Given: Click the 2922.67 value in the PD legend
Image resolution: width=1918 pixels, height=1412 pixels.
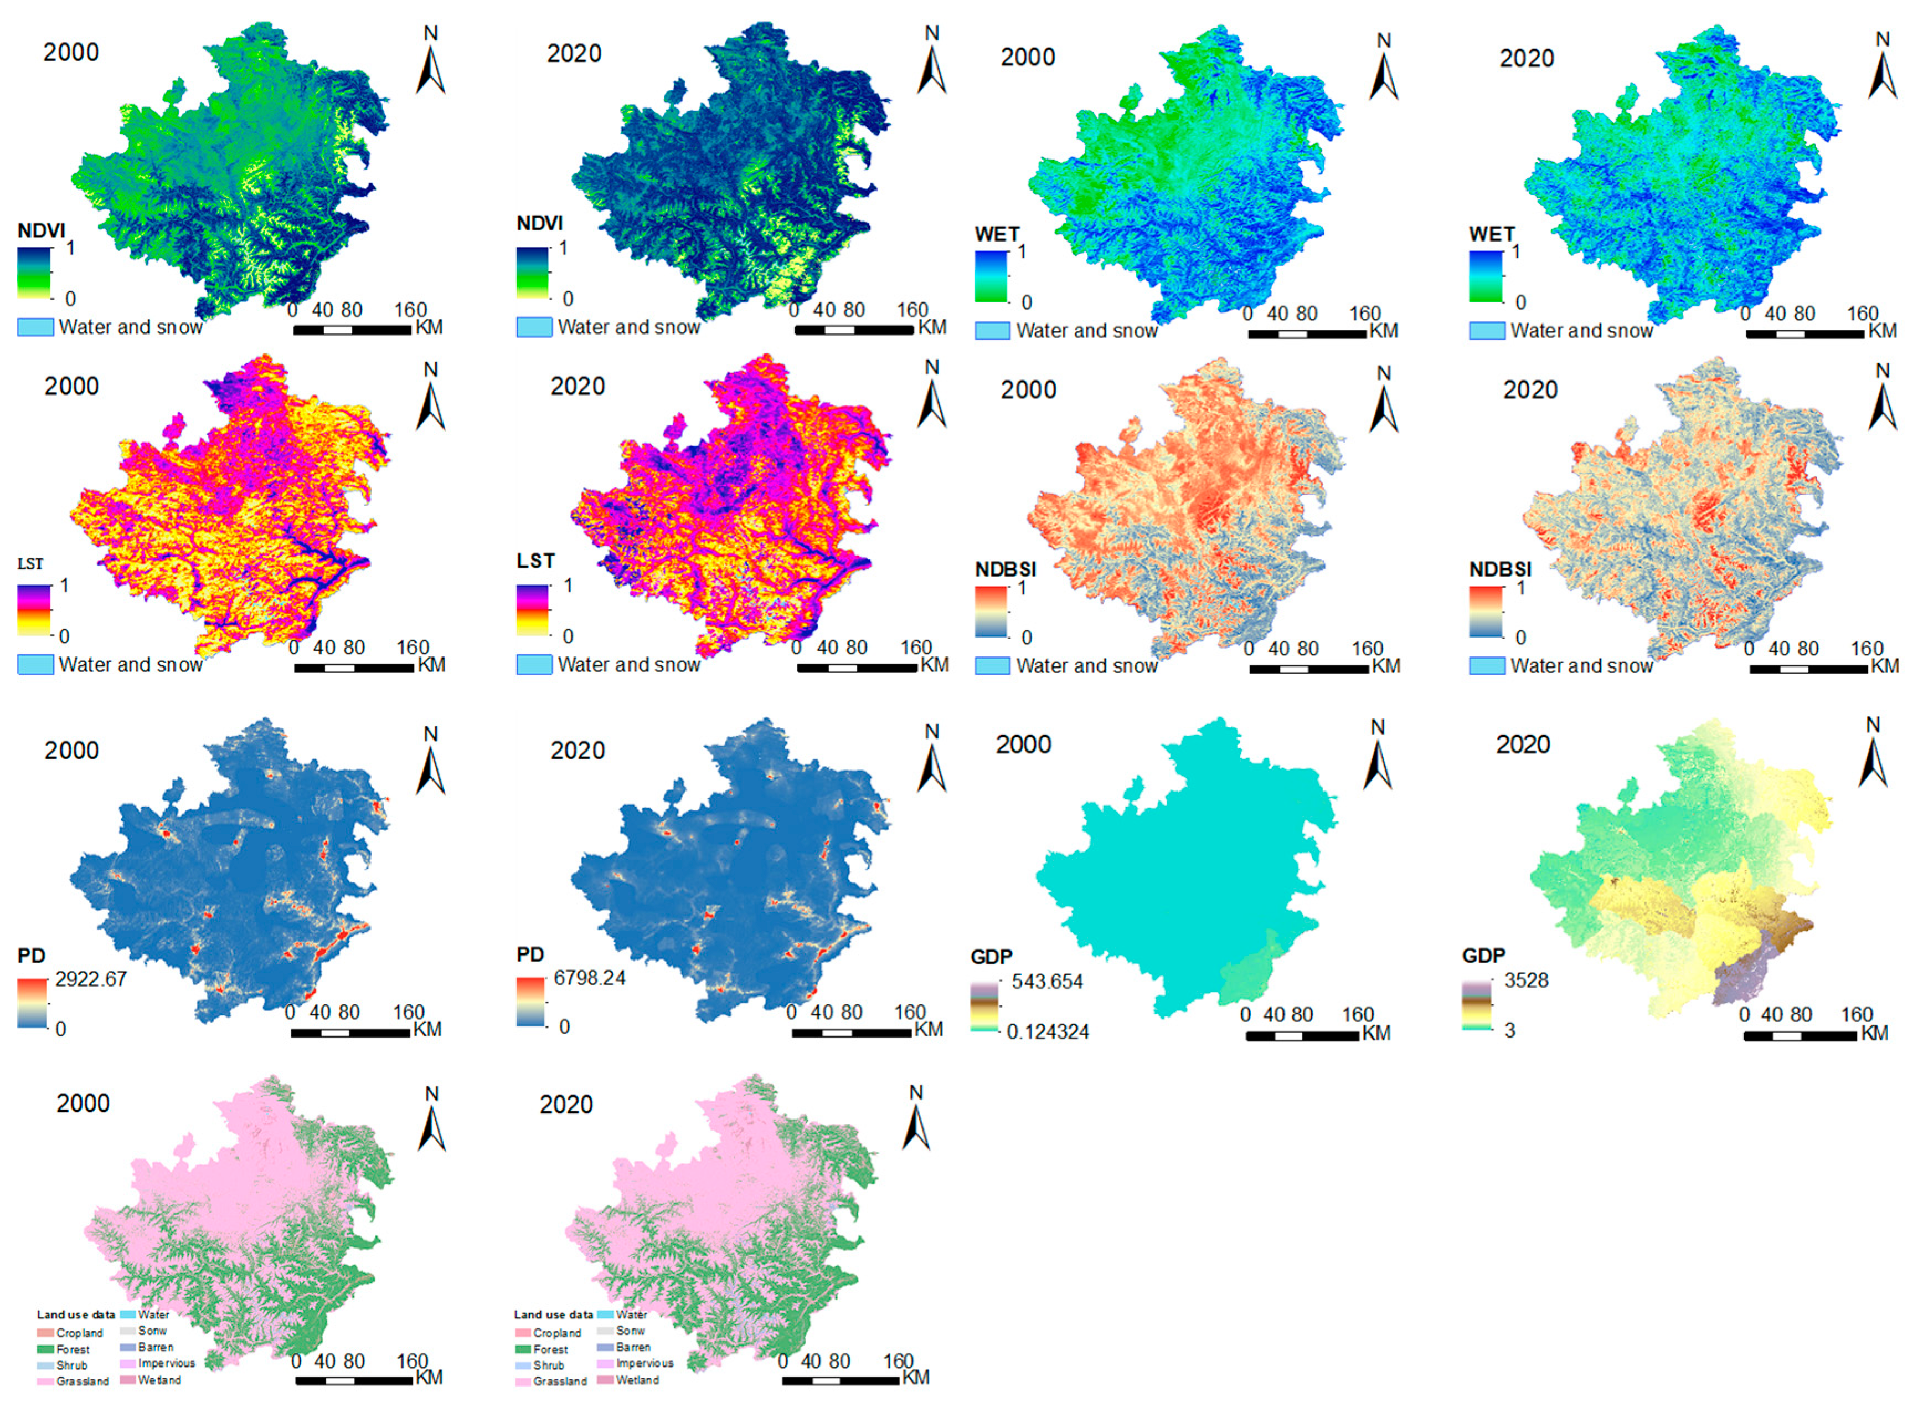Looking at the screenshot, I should (91, 979).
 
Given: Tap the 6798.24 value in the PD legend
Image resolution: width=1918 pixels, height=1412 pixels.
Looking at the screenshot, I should (590, 978).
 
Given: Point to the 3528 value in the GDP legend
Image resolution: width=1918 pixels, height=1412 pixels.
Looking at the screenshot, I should (1526, 980).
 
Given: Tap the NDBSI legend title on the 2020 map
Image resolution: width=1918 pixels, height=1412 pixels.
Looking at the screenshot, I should (1499, 569).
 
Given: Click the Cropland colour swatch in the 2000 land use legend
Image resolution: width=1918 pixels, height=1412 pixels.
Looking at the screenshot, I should (45, 1333).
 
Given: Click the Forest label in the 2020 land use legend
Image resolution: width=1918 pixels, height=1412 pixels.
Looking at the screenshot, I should (550, 1349).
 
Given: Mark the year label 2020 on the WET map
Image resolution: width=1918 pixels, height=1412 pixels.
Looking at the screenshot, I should (1527, 59).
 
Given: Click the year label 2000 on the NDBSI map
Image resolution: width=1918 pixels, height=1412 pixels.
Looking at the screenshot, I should (1028, 390).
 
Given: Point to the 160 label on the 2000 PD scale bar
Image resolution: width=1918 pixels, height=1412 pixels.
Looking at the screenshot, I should (409, 1012).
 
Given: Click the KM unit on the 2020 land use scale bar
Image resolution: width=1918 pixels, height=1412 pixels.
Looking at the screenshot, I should (915, 1378).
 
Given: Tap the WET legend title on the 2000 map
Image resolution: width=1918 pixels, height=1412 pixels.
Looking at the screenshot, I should (996, 234).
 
